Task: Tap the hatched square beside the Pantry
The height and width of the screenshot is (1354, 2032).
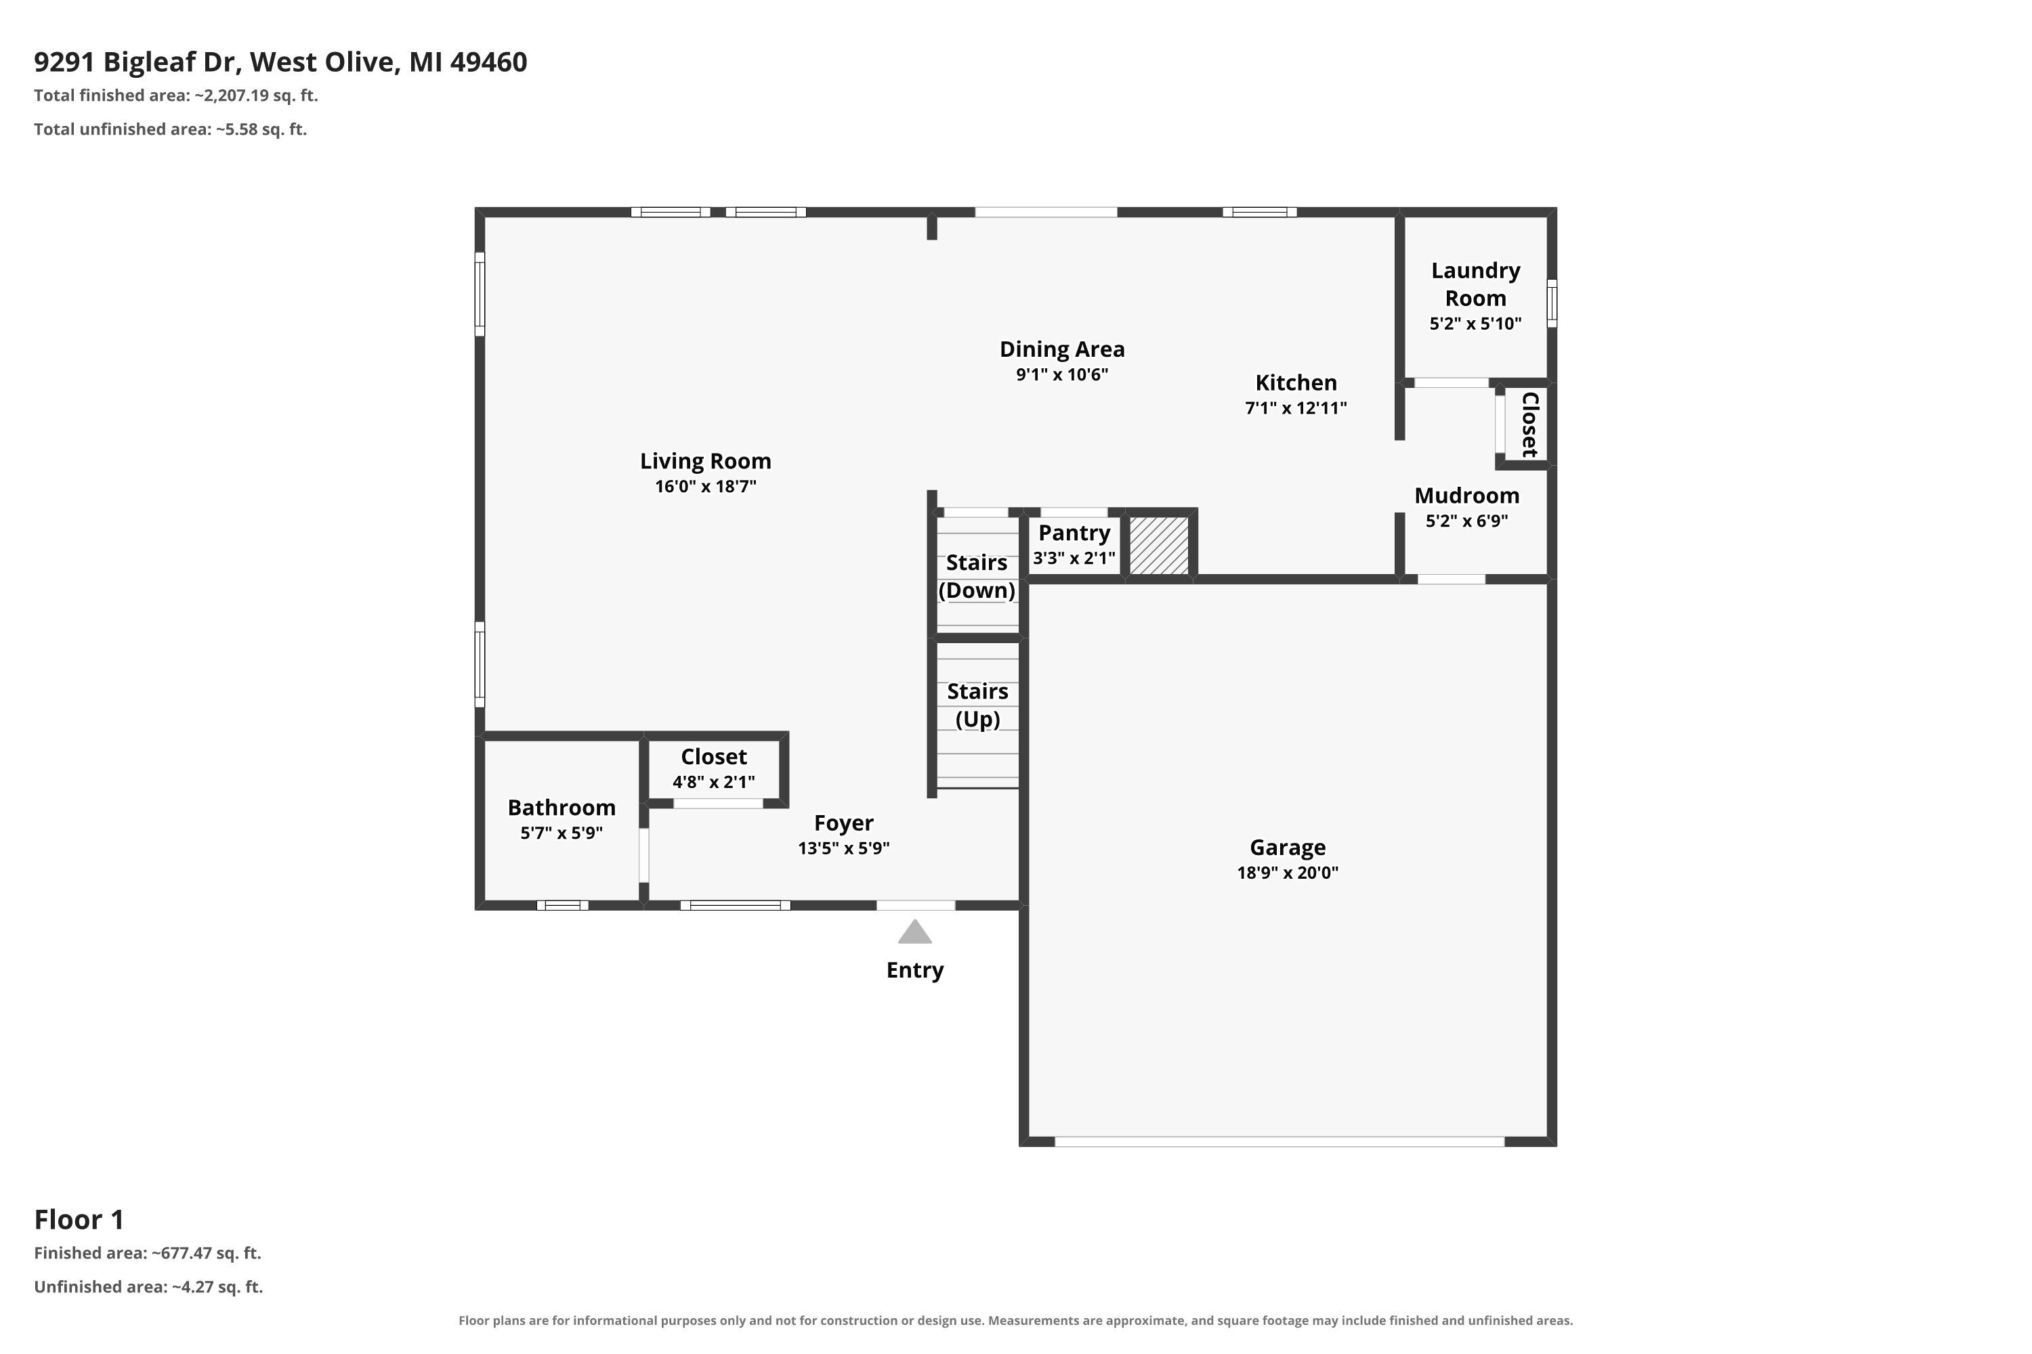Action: coord(1160,546)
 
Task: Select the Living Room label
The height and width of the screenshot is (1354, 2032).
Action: coord(706,461)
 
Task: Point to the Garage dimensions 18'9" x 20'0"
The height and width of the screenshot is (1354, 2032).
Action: coord(1288,872)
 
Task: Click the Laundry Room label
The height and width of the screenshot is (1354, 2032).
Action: coord(1476,284)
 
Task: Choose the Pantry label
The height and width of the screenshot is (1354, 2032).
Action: coord(1074,533)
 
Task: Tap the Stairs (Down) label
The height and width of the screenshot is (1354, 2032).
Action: coord(977,576)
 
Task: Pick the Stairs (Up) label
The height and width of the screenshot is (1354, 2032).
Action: coord(977,705)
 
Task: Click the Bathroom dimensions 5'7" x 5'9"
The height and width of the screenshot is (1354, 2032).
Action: coord(562,833)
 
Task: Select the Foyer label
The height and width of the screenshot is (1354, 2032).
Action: coord(844,823)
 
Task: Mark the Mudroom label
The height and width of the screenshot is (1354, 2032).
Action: coord(1467,496)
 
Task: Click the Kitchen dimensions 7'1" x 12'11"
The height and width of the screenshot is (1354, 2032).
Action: coord(1296,408)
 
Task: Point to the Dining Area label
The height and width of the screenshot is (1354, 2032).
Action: coord(1062,349)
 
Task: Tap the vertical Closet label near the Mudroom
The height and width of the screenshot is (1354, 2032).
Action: coord(1529,424)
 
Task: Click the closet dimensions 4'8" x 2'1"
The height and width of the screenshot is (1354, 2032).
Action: coord(714,781)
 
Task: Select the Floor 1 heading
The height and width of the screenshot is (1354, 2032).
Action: coord(79,1219)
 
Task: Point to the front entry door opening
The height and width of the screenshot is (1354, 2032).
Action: coord(916,905)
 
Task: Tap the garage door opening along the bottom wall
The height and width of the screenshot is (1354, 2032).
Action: coord(1279,1141)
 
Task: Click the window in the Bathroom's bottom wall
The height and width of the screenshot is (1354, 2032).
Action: coord(562,905)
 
